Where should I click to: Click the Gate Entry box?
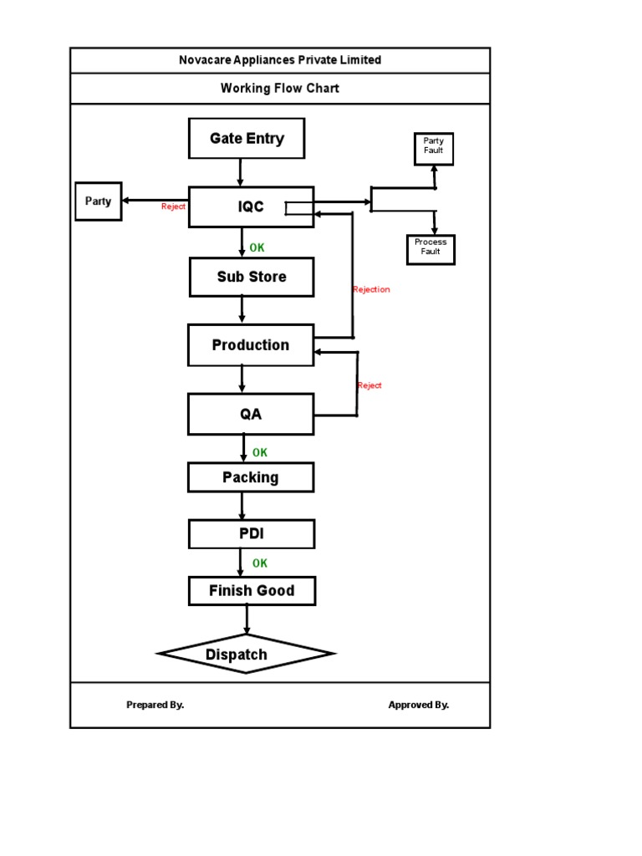click(x=247, y=139)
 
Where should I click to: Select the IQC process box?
click(x=251, y=207)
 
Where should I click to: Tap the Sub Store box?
click(x=252, y=277)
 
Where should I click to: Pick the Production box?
click(x=251, y=345)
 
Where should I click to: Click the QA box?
click(x=251, y=415)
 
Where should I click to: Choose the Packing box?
click(x=251, y=477)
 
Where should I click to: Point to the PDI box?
click(x=252, y=533)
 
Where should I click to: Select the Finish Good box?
click(x=252, y=591)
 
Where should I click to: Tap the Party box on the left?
click(x=98, y=201)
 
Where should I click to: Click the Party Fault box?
click(x=434, y=146)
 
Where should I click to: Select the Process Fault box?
click(x=431, y=247)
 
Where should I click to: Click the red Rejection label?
click(x=371, y=289)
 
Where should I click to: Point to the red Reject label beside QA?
click(x=369, y=385)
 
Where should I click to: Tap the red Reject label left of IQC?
click(x=174, y=206)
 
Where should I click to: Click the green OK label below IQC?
click(x=257, y=247)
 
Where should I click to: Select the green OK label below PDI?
click(x=260, y=563)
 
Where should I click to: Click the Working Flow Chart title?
click(x=280, y=88)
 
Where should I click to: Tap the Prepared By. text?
click(x=155, y=705)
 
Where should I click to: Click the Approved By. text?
click(x=419, y=705)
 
